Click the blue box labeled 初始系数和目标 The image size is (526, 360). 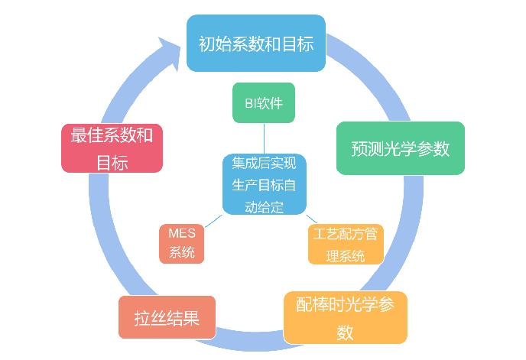tap(256, 44)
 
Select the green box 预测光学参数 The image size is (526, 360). tap(401, 148)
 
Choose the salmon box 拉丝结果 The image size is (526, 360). tap(167, 316)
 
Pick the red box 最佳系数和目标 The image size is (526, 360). tap(112, 148)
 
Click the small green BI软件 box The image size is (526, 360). tap(264, 102)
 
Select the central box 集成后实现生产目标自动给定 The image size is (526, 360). tap(264, 184)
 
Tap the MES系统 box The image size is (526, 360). tap(182, 243)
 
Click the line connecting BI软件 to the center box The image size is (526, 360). tap(264, 138)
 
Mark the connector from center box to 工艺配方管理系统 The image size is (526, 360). tap(311, 219)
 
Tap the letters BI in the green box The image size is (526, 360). tap(247, 102)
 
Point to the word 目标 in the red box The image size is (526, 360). tap(112, 161)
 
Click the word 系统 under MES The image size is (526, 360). tap(182, 253)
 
